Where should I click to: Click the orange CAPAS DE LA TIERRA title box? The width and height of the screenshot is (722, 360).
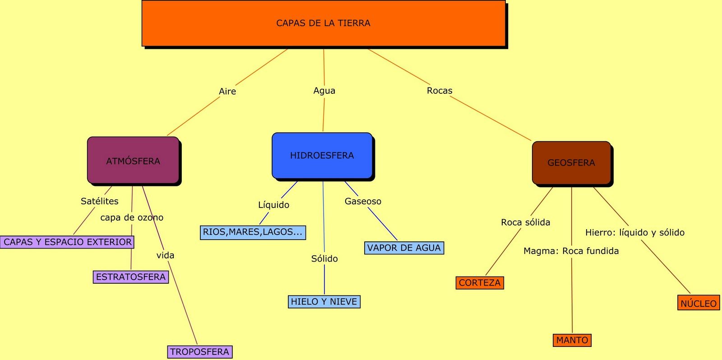click(x=323, y=23)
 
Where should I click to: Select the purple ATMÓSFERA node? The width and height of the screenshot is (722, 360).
click(x=133, y=161)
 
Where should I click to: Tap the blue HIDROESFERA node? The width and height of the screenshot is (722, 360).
click(x=322, y=156)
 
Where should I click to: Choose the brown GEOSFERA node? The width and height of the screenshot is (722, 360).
click(x=571, y=163)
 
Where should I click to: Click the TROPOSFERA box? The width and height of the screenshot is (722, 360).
click(x=200, y=352)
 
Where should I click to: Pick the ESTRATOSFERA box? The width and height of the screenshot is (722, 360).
click(x=131, y=277)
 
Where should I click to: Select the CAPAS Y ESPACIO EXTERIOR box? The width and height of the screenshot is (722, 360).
click(x=68, y=242)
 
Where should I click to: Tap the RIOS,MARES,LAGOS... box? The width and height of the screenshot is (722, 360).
click(x=253, y=232)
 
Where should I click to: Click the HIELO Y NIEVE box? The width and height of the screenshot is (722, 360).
click(x=324, y=302)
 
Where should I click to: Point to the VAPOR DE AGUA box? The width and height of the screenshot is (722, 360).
click(x=404, y=248)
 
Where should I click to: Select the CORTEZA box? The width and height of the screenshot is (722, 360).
click(x=480, y=283)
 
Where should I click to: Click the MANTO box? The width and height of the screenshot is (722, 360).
click(x=572, y=340)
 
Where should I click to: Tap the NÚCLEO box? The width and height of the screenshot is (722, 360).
click(x=699, y=304)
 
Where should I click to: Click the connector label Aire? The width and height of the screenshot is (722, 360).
click(x=227, y=92)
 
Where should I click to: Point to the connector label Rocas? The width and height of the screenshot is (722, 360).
click(x=440, y=91)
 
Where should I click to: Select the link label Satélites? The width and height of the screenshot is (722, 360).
click(x=100, y=201)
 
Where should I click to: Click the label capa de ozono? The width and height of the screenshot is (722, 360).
click(x=132, y=217)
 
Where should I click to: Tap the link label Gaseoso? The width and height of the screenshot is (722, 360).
click(x=363, y=201)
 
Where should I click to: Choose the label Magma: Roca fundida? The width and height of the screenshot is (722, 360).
click(x=571, y=251)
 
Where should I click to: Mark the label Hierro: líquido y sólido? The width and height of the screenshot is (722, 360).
click(x=634, y=232)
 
